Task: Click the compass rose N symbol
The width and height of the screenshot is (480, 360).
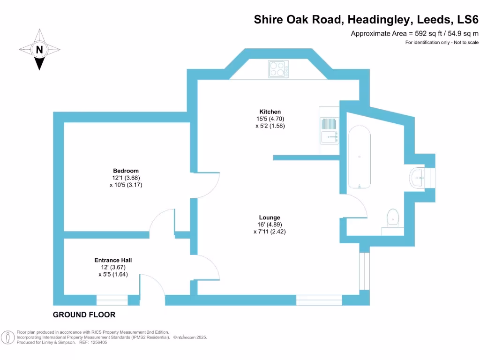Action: pyautogui.click(x=39, y=49)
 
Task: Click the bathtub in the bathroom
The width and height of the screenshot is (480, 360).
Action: pyautogui.click(x=360, y=158)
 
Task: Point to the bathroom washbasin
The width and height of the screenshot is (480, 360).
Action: pyautogui.click(x=419, y=178)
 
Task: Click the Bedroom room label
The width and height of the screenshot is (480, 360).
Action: pyautogui.click(x=126, y=171)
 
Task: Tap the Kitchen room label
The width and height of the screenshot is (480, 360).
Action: pyautogui.click(x=270, y=112)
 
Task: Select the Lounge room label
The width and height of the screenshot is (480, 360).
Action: pyautogui.click(x=270, y=217)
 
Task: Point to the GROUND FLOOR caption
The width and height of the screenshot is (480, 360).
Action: pyautogui.click(x=84, y=315)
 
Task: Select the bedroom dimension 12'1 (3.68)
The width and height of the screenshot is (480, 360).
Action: pyautogui.click(x=126, y=178)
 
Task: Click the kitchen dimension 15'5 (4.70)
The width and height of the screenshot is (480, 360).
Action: pyautogui.click(x=270, y=119)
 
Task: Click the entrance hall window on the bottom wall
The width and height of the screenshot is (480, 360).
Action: pyautogui.click(x=112, y=300)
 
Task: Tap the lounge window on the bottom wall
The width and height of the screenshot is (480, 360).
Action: pyautogui.click(x=319, y=300)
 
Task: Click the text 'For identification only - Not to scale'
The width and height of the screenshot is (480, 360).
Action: pyautogui.click(x=442, y=43)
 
